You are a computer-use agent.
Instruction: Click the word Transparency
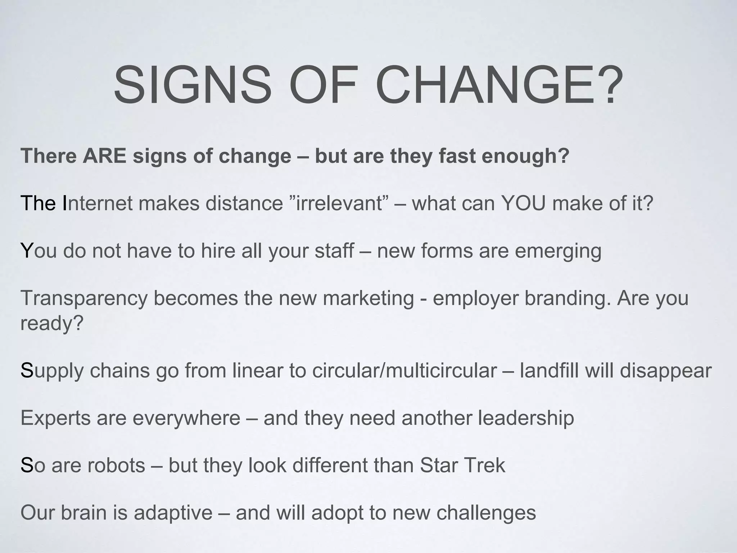click(84, 298)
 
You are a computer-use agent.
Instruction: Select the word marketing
click(368, 298)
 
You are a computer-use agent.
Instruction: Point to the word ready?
click(52, 323)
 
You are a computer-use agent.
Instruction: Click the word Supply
click(52, 370)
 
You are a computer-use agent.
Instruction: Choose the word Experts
click(55, 418)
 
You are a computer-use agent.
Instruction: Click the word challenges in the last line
click(486, 513)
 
